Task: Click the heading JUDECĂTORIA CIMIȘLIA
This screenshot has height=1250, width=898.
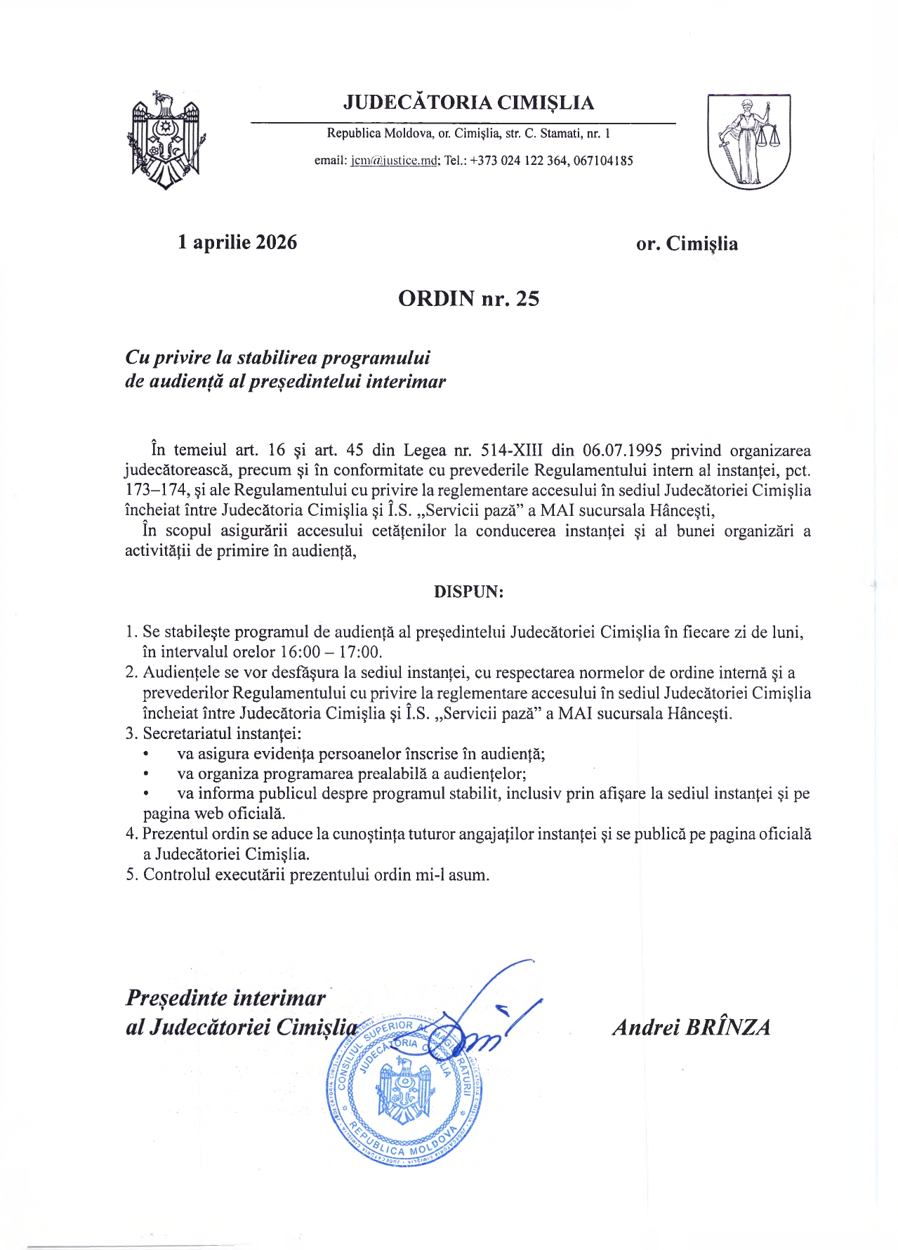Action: tap(468, 102)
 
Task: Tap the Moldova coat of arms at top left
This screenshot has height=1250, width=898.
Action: tap(165, 140)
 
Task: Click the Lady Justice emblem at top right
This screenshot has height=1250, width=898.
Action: tap(748, 142)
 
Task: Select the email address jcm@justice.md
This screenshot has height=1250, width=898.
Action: tap(395, 161)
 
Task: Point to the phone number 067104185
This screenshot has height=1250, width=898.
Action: tap(603, 161)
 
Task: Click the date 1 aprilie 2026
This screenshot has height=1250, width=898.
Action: tap(237, 242)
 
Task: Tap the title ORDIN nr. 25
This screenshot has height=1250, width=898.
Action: tap(468, 298)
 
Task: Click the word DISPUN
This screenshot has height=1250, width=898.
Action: tap(468, 591)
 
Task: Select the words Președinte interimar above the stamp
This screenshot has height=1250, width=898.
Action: tap(225, 997)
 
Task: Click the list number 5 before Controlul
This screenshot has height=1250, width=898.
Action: tap(130, 875)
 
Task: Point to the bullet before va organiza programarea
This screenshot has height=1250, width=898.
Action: tap(146, 774)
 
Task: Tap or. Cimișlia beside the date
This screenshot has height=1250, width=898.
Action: tap(687, 244)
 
